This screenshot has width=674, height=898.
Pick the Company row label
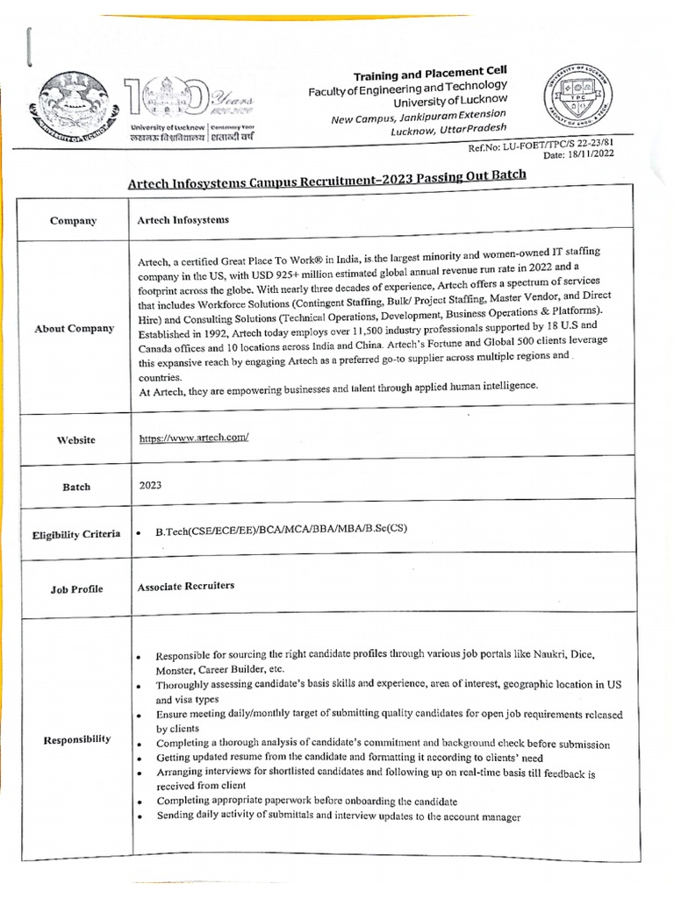point(73,221)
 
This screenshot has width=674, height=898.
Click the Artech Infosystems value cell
point(183,220)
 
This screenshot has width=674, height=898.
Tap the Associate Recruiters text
point(185,585)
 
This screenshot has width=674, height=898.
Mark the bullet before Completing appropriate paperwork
point(140,802)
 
